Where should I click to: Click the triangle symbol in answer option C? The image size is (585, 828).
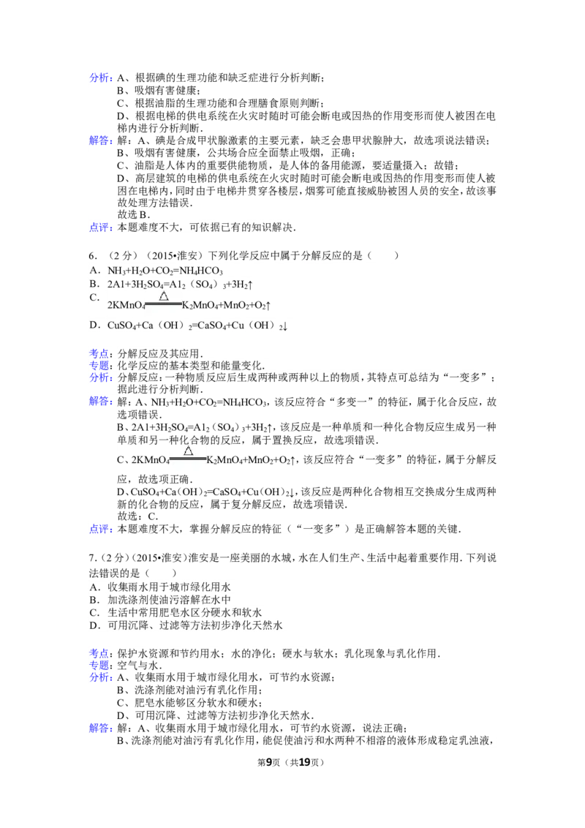[x=164, y=296]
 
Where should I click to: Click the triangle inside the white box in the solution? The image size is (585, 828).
[x=188, y=451]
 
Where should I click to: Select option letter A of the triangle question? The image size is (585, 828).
[x=93, y=270]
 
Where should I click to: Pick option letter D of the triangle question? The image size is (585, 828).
[x=93, y=324]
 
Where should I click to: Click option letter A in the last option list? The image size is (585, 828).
[x=93, y=587]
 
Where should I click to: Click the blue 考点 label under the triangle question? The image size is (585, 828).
[x=99, y=353]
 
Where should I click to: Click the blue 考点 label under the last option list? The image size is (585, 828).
[x=99, y=652]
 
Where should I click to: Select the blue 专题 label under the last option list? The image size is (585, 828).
[x=99, y=665]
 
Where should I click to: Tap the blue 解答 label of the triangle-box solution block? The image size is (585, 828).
[x=99, y=402]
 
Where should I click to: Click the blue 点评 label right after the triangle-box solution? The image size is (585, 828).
[x=99, y=528]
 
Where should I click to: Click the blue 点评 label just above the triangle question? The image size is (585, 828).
[x=99, y=227]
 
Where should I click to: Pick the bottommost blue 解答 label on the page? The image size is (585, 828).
[x=99, y=729]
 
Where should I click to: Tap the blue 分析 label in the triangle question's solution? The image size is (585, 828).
[x=99, y=377]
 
